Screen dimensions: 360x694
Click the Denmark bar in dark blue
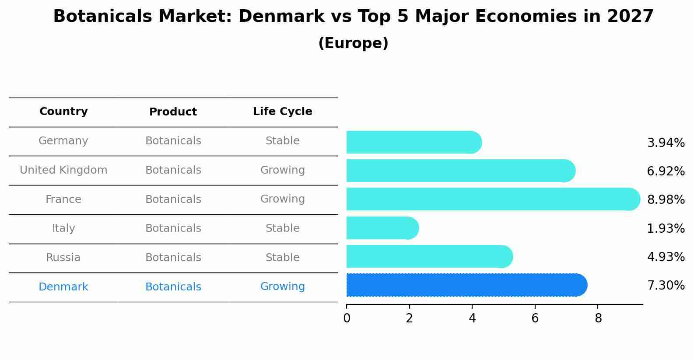click(x=466, y=285)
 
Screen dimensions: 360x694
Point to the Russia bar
click(x=429, y=256)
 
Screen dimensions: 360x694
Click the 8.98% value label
click(x=666, y=200)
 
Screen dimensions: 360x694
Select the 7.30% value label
click(x=666, y=286)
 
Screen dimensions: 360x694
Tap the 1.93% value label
click(x=666, y=228)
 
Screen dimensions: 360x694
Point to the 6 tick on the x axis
click(x=535, y=318)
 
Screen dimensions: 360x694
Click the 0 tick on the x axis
click(x=347, y=318)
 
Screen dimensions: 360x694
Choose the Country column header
click(x=63, y=112)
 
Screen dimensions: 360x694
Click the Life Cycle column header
click(x=282, y=112)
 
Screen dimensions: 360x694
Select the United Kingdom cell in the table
click(x=63, y=170)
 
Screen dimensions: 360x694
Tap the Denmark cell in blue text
click(x=63, y=287)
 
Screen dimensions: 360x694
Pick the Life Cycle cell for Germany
click(x=282, y=141)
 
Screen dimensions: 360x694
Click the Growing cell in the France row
click(x=282, y=199)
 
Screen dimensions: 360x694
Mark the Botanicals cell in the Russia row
click(x=173, y=258)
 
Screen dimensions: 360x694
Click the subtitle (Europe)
click(x=353, y=43)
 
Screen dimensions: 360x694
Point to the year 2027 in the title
click(x=630, y=17)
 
